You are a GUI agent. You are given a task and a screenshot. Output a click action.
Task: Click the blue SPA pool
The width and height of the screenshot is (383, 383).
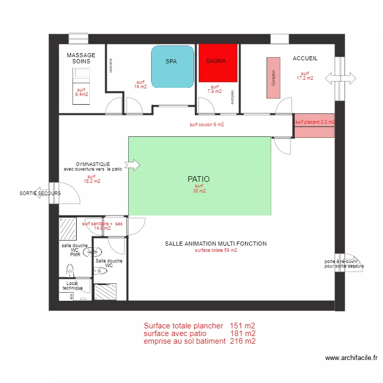click(x=173, y=67)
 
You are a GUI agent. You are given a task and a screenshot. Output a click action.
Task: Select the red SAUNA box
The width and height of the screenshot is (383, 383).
click(x=218, y=63)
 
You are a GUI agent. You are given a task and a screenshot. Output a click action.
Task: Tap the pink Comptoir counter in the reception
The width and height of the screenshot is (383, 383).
click(x=273, y=78)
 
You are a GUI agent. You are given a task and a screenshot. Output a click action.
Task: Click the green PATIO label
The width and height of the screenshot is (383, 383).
click(x=199, y=179)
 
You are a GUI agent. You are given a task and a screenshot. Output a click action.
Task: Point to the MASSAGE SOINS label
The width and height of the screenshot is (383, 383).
click(x=81, y=58)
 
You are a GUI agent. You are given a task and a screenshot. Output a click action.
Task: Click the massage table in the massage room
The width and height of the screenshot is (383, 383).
click(x=81, y=86)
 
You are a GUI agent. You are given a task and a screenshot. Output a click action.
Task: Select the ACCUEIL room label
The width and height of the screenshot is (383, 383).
click(x=305, y=59)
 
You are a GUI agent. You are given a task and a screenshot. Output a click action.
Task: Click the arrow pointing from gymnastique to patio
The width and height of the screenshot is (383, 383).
click(x=132, y=165)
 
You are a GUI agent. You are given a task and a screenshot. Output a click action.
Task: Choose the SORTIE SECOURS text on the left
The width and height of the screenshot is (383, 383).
click(x=40, y=194)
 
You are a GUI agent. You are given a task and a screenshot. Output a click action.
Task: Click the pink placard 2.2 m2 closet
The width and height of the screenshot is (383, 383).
click(x=315, y=126)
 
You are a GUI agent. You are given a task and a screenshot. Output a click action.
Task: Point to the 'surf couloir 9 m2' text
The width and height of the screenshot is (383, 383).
click(x=207, y=125)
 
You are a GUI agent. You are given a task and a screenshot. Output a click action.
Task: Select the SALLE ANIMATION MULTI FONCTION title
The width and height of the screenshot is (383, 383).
click(x=216, y=244)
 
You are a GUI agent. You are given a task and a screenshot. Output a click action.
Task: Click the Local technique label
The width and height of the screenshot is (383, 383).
click(x=72, y=285)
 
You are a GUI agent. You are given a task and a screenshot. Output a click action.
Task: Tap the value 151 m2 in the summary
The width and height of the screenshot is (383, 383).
click(x=243, y=326)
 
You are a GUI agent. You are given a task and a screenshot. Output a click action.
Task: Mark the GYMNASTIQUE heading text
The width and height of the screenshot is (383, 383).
click(x=92, y=164)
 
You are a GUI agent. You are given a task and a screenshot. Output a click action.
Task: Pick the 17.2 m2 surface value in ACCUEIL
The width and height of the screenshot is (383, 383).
click(x=305, y=78)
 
